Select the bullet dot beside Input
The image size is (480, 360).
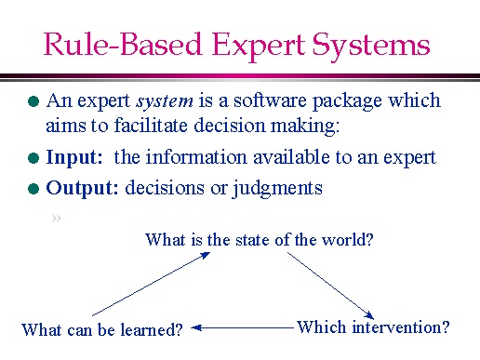[33, 159]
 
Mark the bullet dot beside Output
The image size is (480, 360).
[33, 190]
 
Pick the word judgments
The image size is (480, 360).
[280, 189]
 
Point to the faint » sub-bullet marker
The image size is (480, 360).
[58, 219]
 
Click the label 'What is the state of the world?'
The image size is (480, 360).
[260, 240]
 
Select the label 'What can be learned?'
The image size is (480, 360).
[102, 328]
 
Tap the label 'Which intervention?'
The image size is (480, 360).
[373, 327]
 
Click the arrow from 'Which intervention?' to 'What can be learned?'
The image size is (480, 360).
[244, 327]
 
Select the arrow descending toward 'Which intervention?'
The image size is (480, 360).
[338, 284]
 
